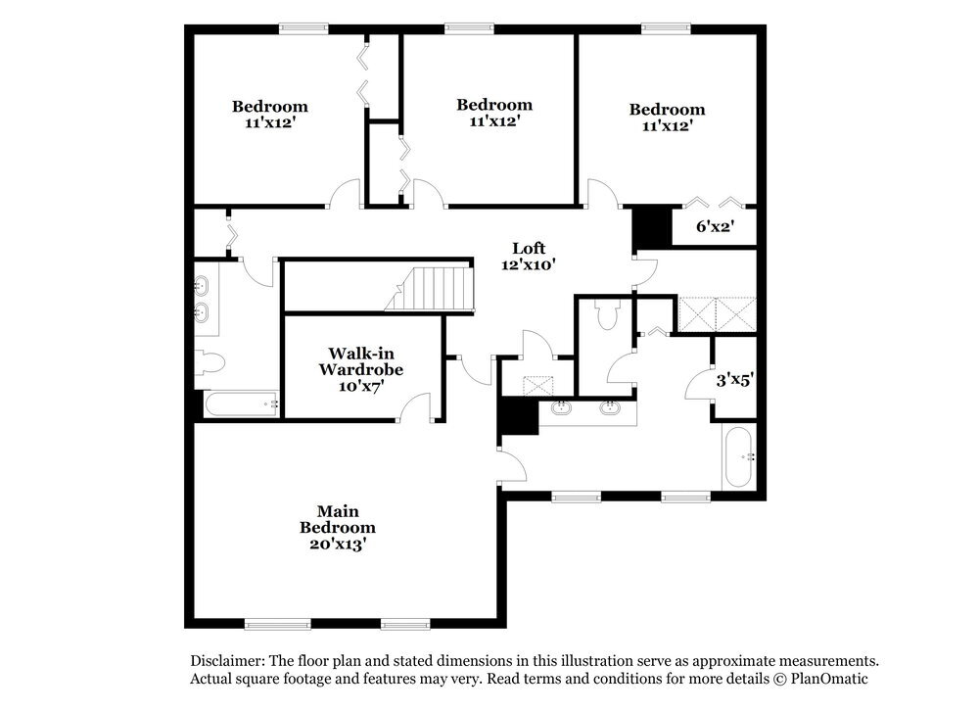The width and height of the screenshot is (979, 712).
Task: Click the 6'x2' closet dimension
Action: (715, 227)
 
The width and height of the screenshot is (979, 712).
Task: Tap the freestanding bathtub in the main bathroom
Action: (739, 456)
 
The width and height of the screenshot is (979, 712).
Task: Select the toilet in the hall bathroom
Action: (210, 362)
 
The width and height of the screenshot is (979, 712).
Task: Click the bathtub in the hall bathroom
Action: (241, 403)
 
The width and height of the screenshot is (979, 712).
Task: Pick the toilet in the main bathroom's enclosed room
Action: (605, 313)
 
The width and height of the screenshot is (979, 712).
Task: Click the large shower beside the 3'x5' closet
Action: (718, 314)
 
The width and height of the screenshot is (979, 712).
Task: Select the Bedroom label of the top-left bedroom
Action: (269, 107)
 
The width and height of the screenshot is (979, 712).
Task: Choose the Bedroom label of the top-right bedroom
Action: (667, 110)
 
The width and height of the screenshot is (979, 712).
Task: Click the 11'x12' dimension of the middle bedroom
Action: (494, 121)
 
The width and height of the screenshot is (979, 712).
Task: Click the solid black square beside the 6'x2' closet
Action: (648, 227)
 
